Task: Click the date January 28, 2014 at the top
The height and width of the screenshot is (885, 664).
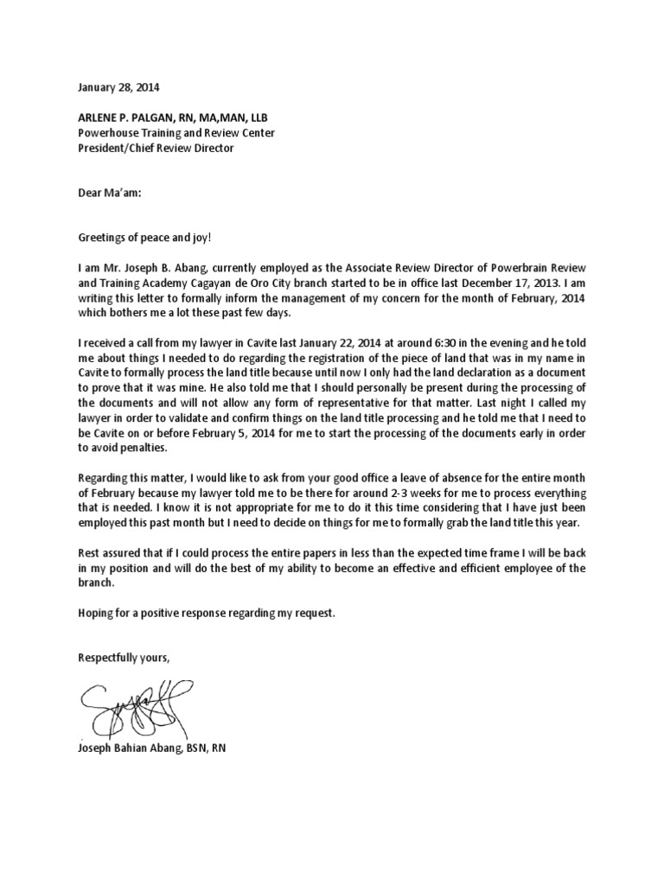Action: tap(118, 88)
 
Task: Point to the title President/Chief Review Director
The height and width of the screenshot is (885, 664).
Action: tap(156, 148)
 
